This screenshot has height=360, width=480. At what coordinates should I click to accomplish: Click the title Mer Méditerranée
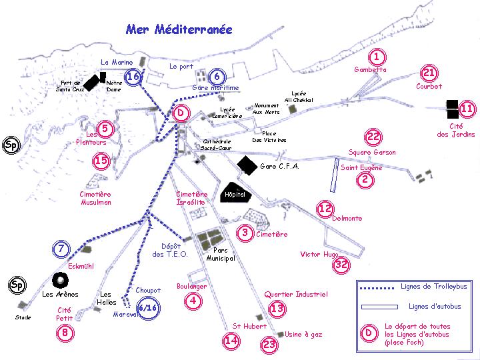[x=179, y=29]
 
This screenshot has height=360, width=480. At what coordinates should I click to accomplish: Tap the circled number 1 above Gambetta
[x=377, y=58]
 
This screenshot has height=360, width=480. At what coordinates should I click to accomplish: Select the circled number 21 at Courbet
[x=429, y=73]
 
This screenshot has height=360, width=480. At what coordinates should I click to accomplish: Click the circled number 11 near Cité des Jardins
[x=467, y=109]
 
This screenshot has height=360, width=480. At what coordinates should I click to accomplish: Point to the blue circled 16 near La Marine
[x=133, y=77]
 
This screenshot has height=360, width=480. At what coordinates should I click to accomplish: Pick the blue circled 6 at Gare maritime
[x=216, y=76]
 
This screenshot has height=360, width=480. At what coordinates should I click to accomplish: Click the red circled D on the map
[x=180, y=113]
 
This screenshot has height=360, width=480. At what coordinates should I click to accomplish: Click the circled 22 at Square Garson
[x=373, y=137]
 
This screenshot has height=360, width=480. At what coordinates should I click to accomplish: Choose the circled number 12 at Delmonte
[x=325, y=209]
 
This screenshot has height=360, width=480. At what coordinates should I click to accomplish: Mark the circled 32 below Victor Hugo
[x=341, y=265]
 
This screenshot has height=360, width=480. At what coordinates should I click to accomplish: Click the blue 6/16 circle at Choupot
[x=148, y=307]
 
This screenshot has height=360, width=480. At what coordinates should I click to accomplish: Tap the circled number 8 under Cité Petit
[x=65, y=333]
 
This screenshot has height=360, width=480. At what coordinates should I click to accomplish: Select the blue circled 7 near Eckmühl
[x=61, y=249]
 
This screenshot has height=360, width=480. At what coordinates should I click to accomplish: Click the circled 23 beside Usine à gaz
[x=269, y=344]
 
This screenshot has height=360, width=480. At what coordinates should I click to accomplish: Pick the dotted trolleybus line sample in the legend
[x=377, y=287]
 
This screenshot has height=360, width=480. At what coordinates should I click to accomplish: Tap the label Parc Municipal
[x=219, y=254]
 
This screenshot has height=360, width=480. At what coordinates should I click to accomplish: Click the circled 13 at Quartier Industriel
[x=277, y=308]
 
